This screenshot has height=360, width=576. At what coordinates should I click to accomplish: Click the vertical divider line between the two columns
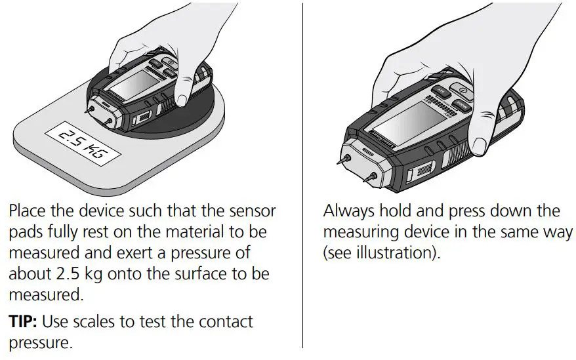[x=302, y=177]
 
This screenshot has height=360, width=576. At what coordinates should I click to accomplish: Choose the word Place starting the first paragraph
[x=28, y=212]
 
